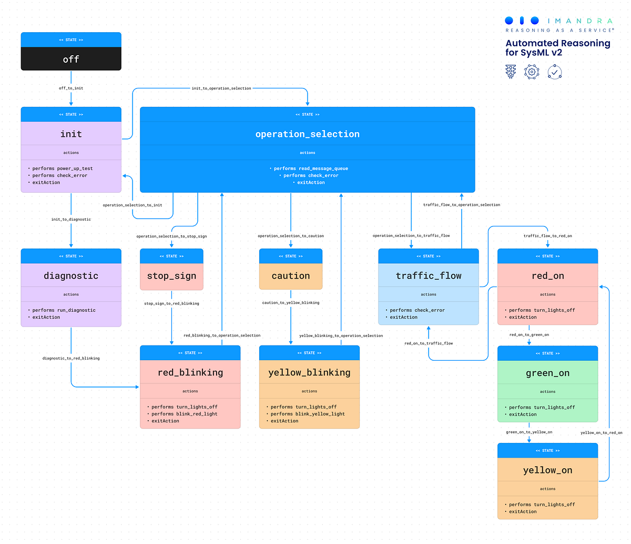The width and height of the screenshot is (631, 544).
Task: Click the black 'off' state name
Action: click(x=71, y=60)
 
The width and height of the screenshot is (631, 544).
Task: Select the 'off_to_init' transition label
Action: click(x=71, y=88)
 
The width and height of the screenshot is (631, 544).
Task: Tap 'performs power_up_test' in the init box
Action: click(x=62, y=169)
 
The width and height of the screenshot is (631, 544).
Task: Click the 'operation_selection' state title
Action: click(x=308, y=134)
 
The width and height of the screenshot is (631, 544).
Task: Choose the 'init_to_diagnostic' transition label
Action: click(x=71, y=219)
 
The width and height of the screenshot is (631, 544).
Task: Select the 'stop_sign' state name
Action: click(x=171, y=276)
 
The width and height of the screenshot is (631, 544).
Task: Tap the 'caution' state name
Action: click(x=291, y=276)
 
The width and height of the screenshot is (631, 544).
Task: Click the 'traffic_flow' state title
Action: click(x=429, y=276)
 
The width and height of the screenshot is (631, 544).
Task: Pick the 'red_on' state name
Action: click(x=547, y=276)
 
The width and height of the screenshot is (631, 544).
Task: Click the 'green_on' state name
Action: click(x=547, y=373)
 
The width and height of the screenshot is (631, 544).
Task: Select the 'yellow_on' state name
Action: click(x=547, y=470)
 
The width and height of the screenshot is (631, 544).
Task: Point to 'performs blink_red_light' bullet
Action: click(x=184, y=414)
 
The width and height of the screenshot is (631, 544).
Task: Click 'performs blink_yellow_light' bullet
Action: click(x=308, y=414)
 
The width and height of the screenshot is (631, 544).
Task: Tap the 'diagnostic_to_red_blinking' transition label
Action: click(x=71, y=358)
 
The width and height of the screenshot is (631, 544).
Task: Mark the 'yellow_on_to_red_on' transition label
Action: click(x=601, y=433)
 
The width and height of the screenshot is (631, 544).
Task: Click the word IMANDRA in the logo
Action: click(x=580, y=21)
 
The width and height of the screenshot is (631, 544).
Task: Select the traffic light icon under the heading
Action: click(x=511, y=72)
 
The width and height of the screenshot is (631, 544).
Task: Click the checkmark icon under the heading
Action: click(x=555, y=72)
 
